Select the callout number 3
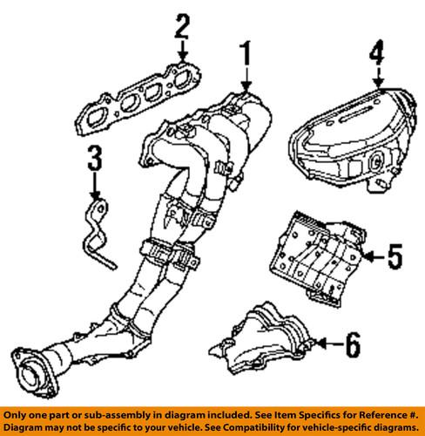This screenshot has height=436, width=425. click(95, 160)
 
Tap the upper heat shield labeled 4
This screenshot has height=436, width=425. click(348, 139)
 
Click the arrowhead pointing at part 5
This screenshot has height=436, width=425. click(369, 256)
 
